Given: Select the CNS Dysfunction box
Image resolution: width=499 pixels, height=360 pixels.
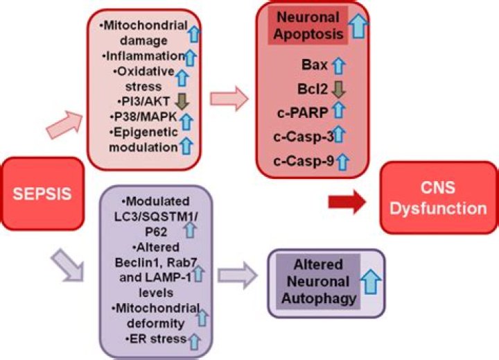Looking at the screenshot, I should pos(437,197).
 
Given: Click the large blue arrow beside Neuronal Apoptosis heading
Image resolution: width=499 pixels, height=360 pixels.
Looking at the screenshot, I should pos(358,26).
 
